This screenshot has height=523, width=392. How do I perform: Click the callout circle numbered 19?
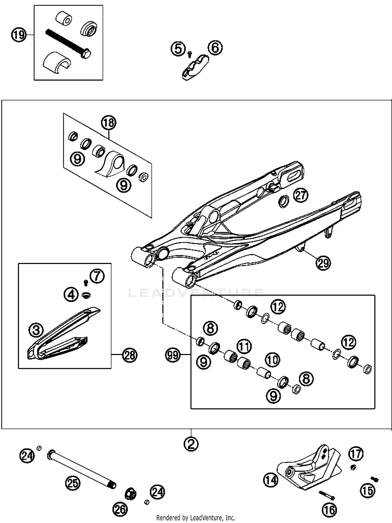[19, 35]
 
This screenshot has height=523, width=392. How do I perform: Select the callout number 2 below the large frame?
[191, 443]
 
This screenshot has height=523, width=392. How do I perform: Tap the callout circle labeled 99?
[173, 355]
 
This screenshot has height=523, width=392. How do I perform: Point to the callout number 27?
[301, 195]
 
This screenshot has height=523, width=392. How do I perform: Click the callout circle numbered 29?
[323, 263]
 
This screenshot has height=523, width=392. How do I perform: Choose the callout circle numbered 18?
[109, 122]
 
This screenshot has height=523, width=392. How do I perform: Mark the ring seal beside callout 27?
[284, 201]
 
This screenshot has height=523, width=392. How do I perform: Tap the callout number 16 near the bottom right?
[330, 510]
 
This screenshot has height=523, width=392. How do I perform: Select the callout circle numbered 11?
[244, 346]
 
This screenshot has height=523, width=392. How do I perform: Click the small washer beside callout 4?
[86, 295]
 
